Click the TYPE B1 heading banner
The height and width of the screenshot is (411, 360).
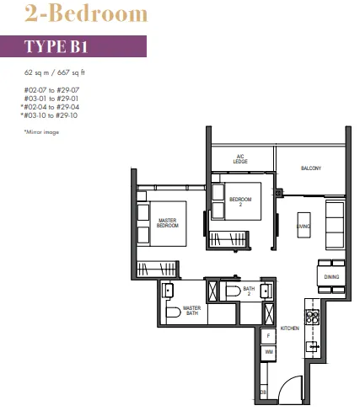point(73,46)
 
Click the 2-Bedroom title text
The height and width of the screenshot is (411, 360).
point(86,13)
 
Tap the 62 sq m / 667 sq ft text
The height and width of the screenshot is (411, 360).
point(55,72)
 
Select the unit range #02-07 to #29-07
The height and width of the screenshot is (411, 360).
point(51,90)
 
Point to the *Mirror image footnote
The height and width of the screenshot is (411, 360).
point(41,132)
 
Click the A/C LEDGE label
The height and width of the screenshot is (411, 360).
point(240,159)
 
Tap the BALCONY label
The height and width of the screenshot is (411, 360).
point(311,168)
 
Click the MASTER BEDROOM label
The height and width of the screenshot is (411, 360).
point(168,223)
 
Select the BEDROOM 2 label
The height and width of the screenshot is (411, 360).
point(240,202)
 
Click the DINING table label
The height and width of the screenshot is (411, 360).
point(331,277)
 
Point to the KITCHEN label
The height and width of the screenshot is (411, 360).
point(290,328)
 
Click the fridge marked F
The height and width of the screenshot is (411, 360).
point(268,336)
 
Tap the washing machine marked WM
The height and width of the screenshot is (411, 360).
point(269,353)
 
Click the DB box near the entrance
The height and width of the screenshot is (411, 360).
point(263,392)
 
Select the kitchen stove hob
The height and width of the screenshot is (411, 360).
point(313,318)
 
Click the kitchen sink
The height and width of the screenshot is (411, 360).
point(312,346)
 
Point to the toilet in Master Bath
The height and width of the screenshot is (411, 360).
point(173,312)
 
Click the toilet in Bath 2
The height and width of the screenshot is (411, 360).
point(234,291)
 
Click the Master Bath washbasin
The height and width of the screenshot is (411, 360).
point(168,291)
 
